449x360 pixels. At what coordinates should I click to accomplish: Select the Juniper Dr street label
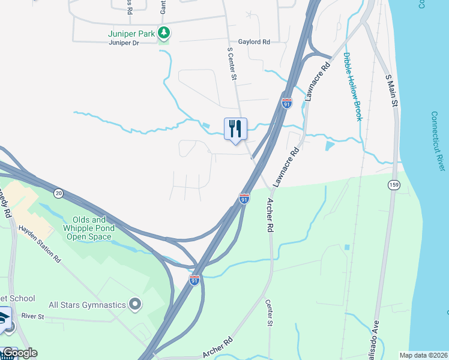(x=124, y=43)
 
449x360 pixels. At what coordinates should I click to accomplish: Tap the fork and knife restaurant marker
(x=235, y=128)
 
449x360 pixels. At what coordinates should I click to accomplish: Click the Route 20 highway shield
(x=58, y=193)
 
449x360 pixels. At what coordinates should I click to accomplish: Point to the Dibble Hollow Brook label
(x=353, y=87)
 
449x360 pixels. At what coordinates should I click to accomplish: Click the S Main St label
(x=392, y=91)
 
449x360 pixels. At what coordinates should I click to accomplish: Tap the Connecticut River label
(x=438, y=140)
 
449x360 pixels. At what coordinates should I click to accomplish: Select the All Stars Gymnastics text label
(x=86, y=305)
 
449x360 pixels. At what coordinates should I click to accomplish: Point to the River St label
(x=33, y=316)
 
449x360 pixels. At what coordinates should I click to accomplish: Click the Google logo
(x=20, y=353)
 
